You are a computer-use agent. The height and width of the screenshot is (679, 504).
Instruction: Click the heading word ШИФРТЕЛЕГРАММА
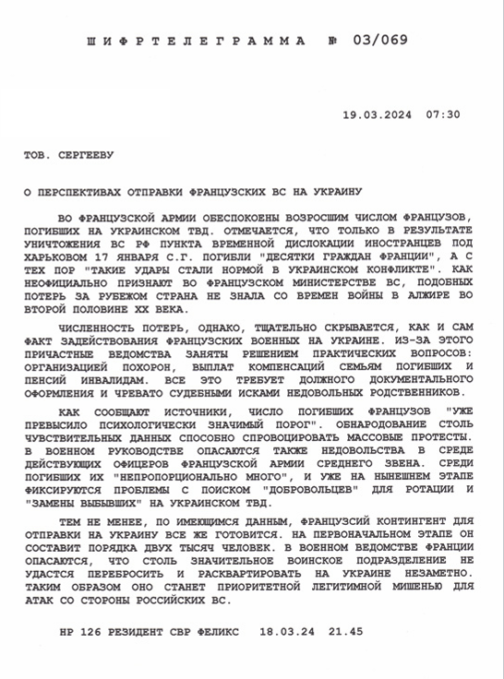195,42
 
